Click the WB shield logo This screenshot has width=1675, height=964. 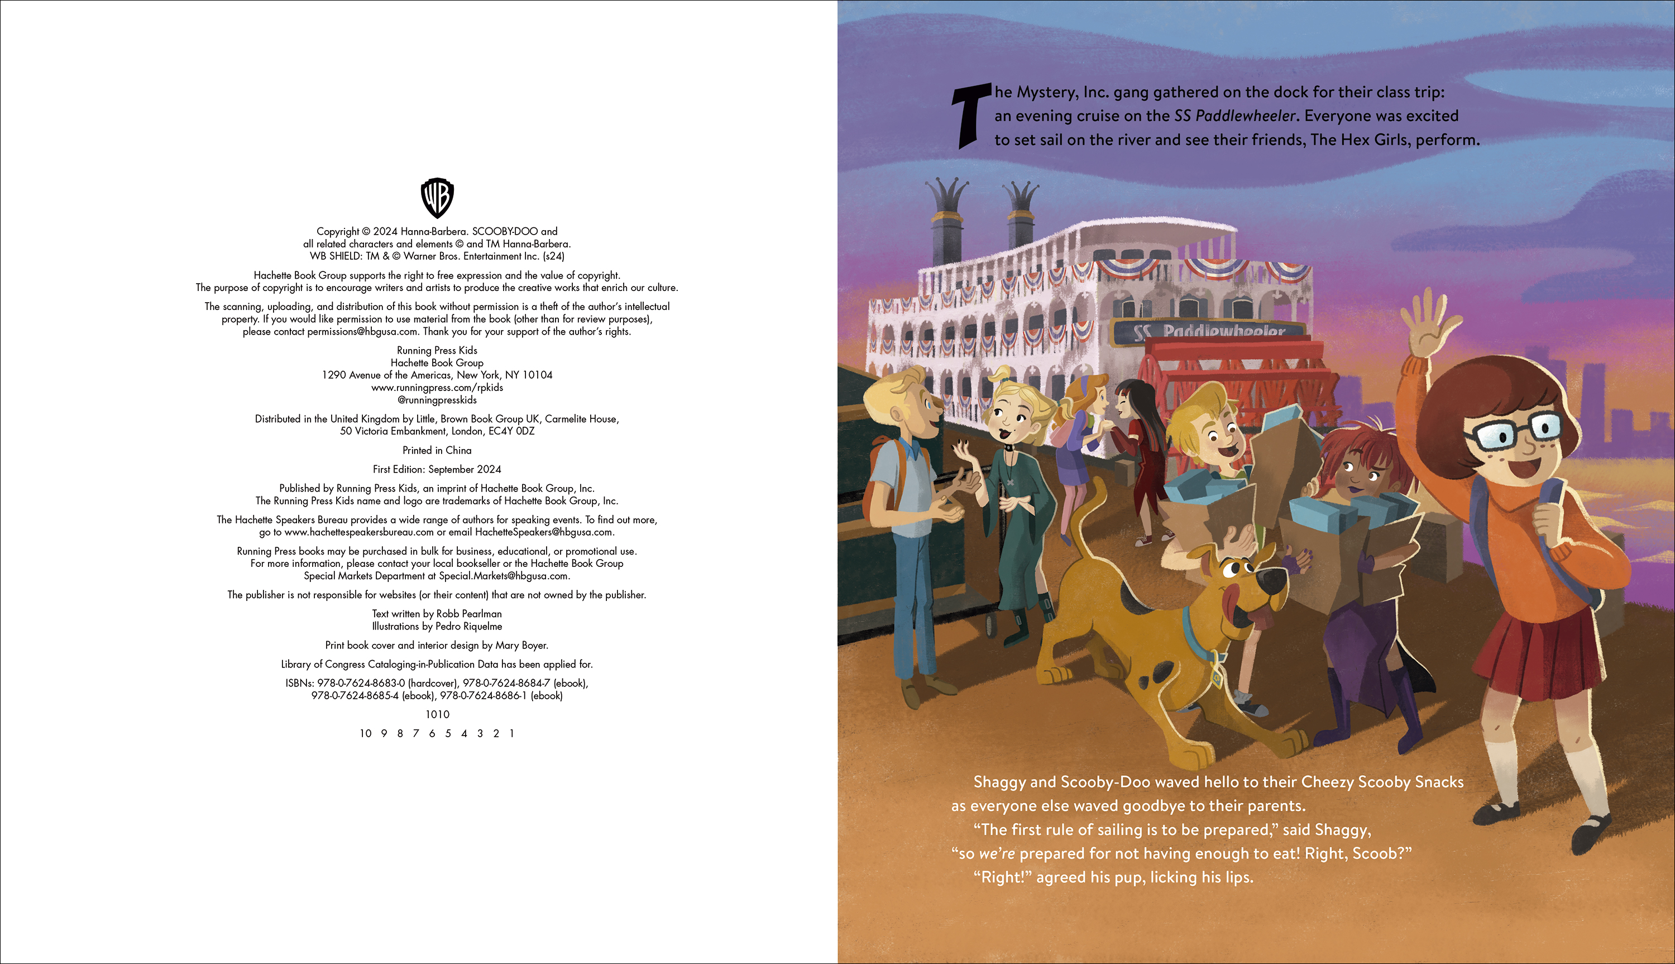(x=437, y=197)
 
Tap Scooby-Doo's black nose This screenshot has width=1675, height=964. (x=1271, y=581)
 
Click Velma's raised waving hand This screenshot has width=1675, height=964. (x=1433, y=325)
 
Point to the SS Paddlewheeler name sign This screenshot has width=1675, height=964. (x=1210, y=331)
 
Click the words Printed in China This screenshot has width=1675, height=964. (x=437, y=450)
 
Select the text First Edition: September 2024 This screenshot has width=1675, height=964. (x=437, y=469)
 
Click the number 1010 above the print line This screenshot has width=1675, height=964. (x=437, y=714)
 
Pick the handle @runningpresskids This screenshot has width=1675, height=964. (x=437, y=400)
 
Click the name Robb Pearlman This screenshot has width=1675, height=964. (x=468, y=614)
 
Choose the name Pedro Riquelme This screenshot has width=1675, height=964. (x=468, y=626)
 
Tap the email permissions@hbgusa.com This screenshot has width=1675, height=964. (x=363, y=332)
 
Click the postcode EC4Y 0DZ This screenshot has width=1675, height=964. (x=511, y=431)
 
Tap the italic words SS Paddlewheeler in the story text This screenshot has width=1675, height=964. (x=1234, y=116)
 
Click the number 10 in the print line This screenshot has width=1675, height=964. (x=366, y=733)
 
